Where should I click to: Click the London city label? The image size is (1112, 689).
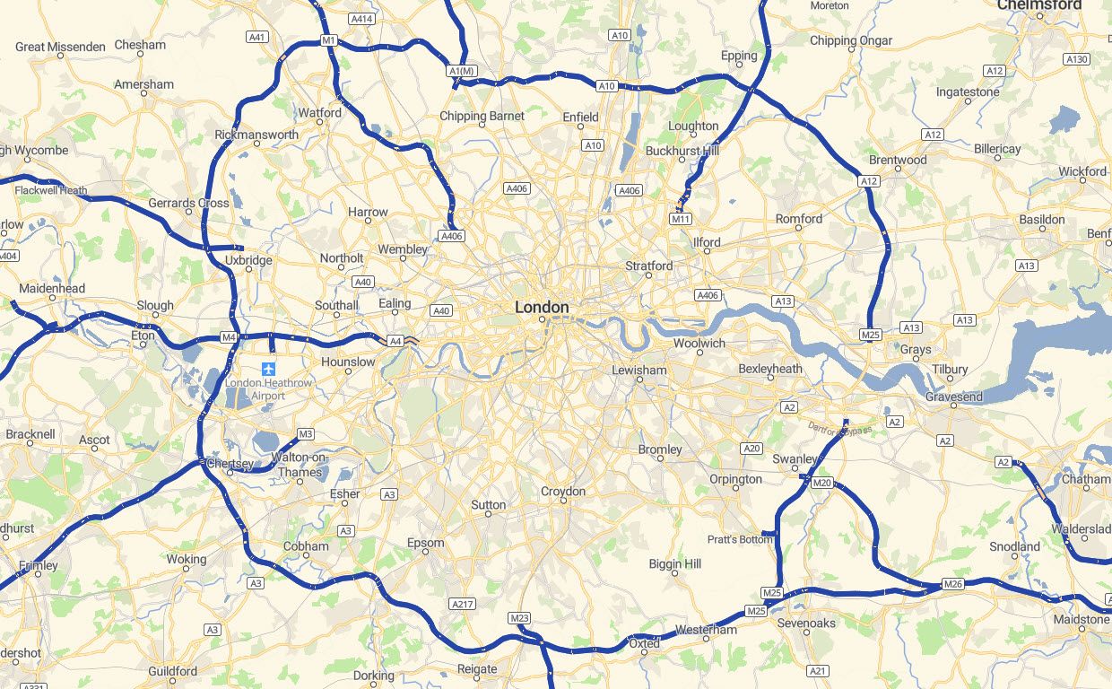coord(542,307)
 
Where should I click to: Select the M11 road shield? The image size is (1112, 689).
coord(681,219)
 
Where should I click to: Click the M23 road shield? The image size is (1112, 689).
coord(519,618)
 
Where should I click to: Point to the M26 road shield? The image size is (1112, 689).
coord(952,585)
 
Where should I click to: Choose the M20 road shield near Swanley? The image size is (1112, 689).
coord(821,483)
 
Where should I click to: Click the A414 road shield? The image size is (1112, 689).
coord(362,18)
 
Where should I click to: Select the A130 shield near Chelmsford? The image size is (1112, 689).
coord(1076,58)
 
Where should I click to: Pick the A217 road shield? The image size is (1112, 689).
coord(463,604)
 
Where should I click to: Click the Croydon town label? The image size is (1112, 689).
coord(563,491)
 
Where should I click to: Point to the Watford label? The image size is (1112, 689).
coord(320,113)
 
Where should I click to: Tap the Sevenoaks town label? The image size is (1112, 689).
coord(806,623)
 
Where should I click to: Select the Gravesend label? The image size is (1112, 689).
coord(954,397)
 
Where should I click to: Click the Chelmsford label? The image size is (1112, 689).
coord(1039,5)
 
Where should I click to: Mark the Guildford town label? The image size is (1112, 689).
coord(173,671)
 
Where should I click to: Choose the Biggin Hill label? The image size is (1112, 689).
coord(675,563)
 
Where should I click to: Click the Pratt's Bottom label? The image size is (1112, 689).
coord(740,539)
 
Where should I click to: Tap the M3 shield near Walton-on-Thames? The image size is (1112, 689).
coord(306,434)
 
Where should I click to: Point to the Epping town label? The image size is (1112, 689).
coord(739,56)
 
